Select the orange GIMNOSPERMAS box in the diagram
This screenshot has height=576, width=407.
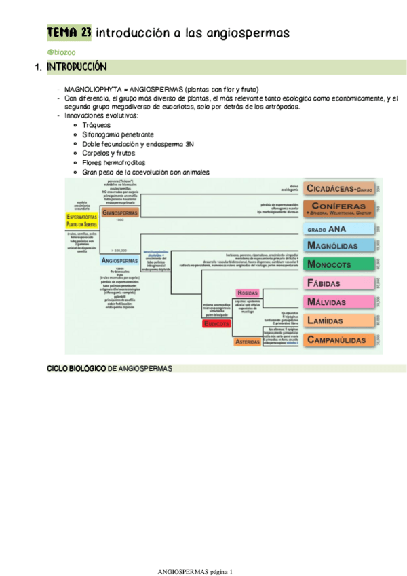tap(120, 212)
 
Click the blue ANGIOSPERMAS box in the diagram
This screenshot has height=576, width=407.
tap(120, 259)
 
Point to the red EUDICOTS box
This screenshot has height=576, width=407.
tap(219, 324)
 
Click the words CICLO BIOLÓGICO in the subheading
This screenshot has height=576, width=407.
tap(75, 368)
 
